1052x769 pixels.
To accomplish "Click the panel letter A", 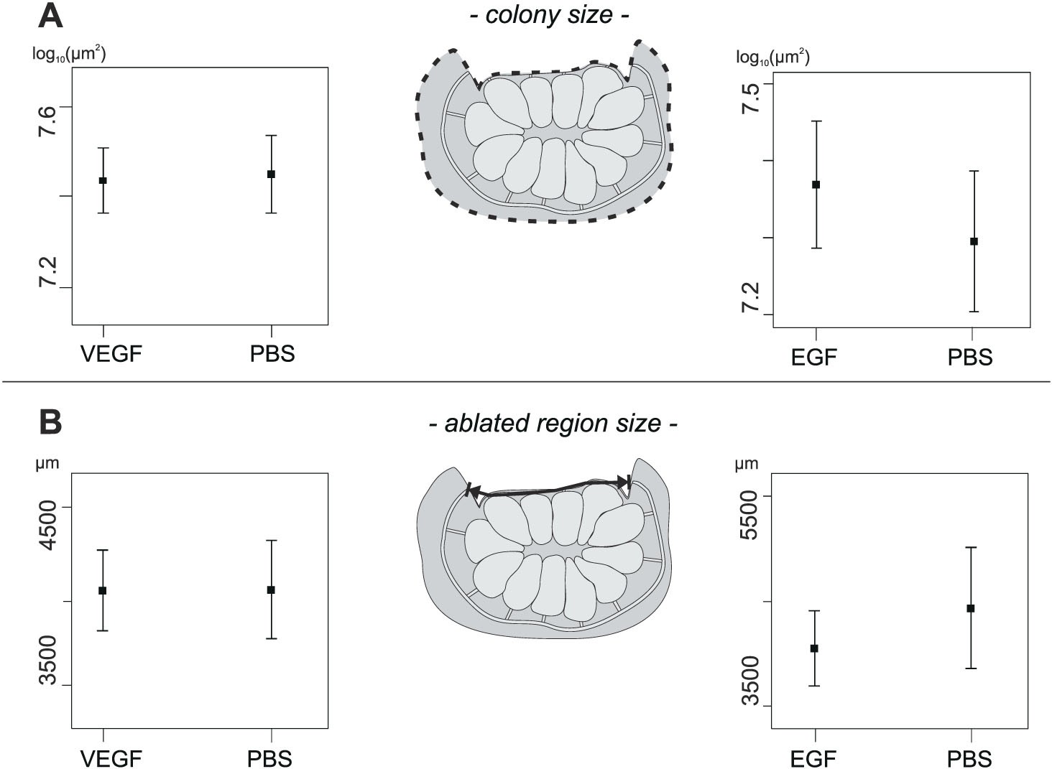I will (50, 16).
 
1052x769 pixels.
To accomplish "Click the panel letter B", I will (50, 423).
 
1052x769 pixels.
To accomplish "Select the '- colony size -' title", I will (550, 15).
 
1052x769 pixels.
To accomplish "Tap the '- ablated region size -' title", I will (553, 423).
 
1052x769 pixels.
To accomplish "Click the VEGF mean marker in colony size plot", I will (103, 180).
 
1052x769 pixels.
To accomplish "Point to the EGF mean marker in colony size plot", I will (816, 185).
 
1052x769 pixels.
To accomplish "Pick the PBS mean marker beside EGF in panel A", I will (974, 241).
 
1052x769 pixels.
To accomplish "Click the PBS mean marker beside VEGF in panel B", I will (272, 589).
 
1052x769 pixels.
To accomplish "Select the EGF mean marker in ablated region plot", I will (814, 648).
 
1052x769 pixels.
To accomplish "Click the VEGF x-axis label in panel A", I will (113, 354).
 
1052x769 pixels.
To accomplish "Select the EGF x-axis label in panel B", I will (815, 758).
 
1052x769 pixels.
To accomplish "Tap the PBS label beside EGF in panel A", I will (971, 355).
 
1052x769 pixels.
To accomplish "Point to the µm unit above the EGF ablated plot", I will (747, 463).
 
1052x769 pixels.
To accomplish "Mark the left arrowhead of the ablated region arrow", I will (473, 490).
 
